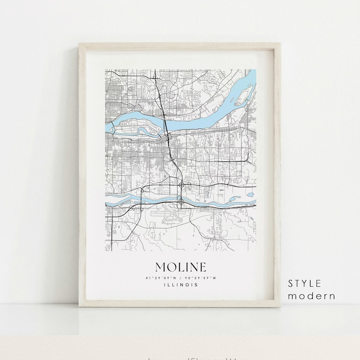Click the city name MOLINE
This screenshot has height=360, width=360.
point(180,267)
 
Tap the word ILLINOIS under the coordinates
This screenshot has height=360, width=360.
point(180,284)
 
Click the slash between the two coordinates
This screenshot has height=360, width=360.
point(181,278)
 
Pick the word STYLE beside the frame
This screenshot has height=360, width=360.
point(305,283)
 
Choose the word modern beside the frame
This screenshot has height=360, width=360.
point(312,296)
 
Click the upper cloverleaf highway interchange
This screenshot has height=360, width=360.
point(181,185)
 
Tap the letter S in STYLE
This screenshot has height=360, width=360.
point(291,283)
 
